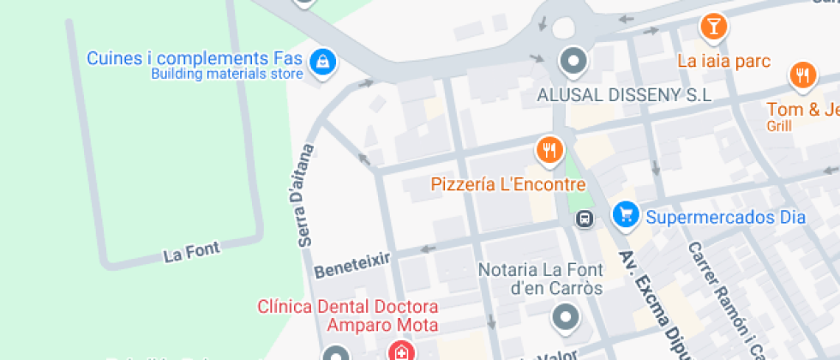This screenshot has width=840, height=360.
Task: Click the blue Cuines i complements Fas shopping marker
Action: click(x=322, y=61)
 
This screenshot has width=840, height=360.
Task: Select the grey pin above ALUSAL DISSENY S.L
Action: click(x=572, y=61)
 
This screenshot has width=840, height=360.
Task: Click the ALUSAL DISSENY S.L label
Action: click(x=624, y=95)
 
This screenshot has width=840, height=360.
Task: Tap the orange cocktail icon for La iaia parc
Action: click(x=713, y=27)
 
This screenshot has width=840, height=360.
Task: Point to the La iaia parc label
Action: click(x=723, y=62)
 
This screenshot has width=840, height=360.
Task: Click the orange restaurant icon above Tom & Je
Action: click(x=802, y=75)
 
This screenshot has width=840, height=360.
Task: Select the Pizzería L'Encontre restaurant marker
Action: click(x=549, y=152)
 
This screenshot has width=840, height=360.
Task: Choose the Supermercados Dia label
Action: click(x=725, y=217)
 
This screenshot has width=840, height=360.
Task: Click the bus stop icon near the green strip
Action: click(x=585, y=219)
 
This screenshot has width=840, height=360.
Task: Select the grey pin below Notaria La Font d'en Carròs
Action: click(x=566, y=319)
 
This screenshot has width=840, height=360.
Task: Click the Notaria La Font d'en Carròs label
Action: click(x=539, y=279)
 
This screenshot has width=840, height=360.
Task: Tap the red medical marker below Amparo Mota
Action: click(x=399, y=351)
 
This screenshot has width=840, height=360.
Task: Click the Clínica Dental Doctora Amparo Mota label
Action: click(x=348, y=315)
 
